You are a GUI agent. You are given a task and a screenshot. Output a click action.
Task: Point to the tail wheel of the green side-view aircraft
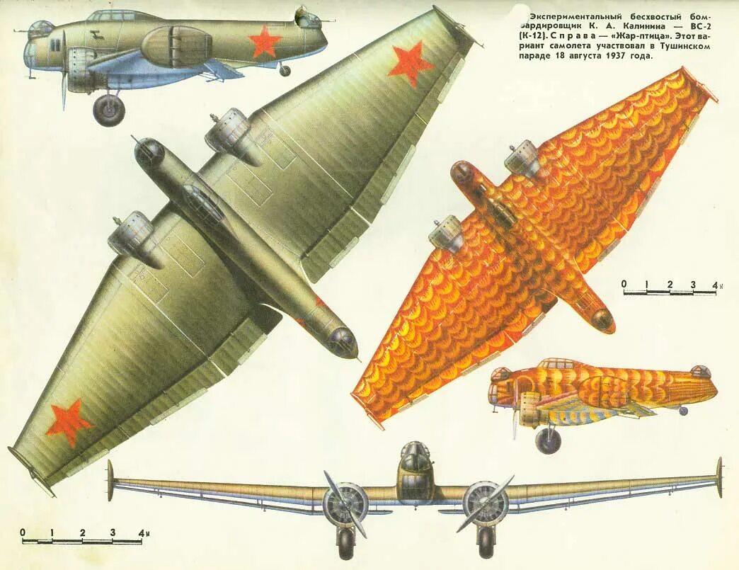pos(285,70)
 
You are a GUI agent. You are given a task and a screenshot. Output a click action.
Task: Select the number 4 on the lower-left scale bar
pos(142,532)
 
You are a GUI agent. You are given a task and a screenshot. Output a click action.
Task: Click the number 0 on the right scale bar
pos(624,285)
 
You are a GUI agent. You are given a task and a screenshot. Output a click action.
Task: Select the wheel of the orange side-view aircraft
pos(548,441)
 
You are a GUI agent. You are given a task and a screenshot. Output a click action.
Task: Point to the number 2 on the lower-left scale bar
pos(83,532)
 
